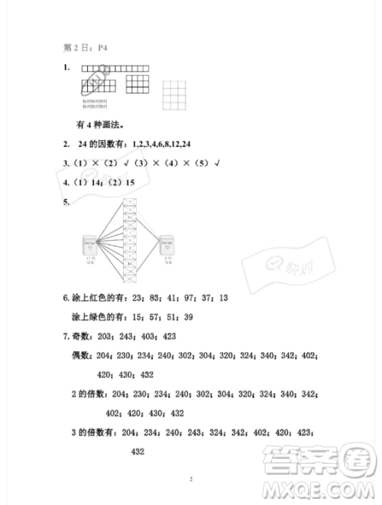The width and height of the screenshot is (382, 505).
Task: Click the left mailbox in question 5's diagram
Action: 91,248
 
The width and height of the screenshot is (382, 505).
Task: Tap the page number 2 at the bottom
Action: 191,480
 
